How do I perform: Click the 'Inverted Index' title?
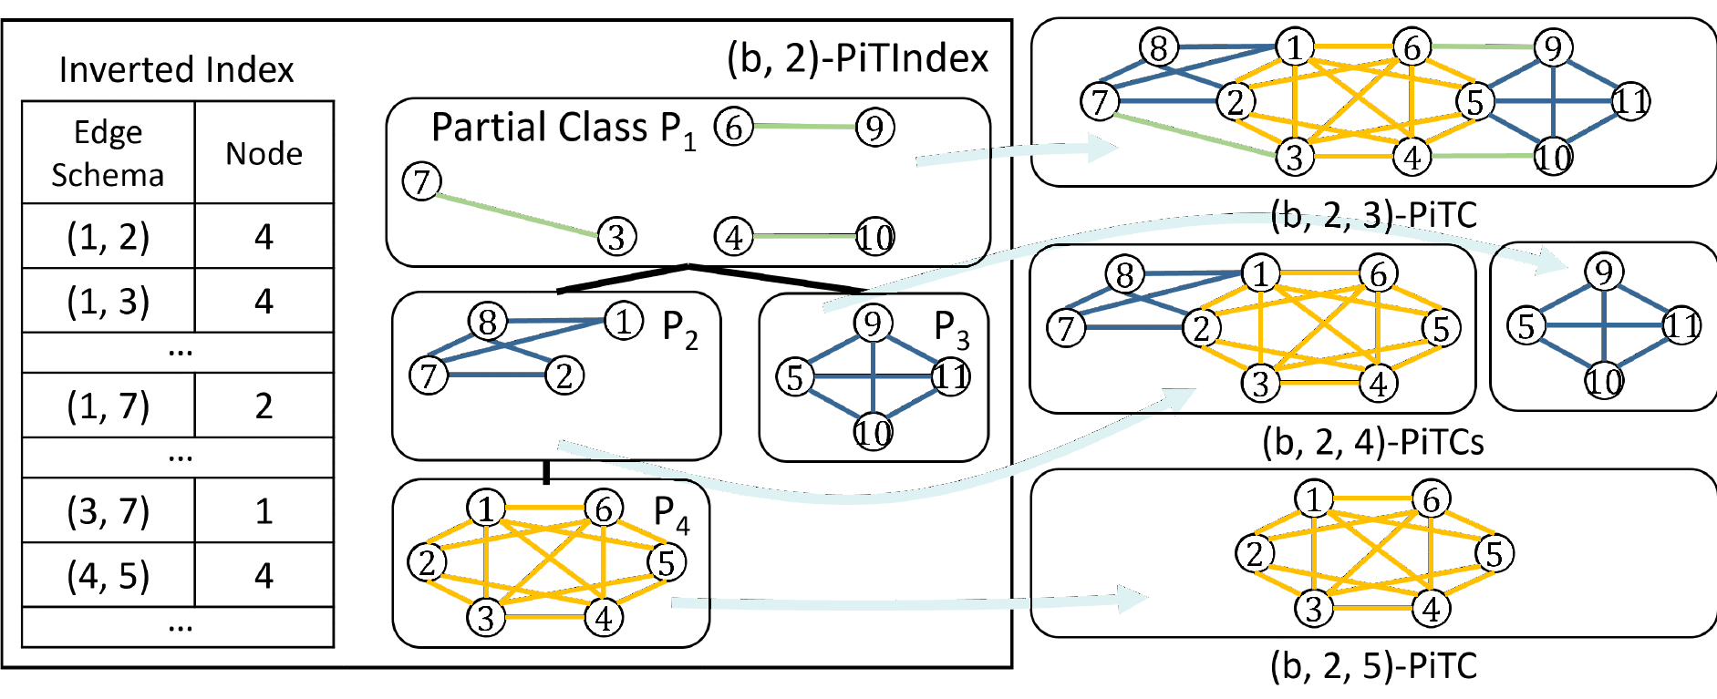[176, 70]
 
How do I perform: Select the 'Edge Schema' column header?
[108, 153]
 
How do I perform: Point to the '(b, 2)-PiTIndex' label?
[857, 58]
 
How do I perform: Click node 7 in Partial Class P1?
[421, 182]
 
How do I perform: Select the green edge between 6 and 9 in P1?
[804, 127]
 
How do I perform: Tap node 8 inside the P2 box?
[487, 322]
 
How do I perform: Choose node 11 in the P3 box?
[951, 376]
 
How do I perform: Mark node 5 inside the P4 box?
[667, 562]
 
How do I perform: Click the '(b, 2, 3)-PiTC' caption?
[1372, 215]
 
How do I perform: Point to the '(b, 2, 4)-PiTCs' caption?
[1372, 442]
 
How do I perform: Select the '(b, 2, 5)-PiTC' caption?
[1372, 666]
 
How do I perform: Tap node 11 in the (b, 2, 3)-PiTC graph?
[1630, 101]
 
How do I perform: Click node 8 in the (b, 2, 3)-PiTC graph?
[1159, 47]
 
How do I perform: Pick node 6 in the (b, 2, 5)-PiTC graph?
[1431, 499]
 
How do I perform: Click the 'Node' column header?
[264, 153]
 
